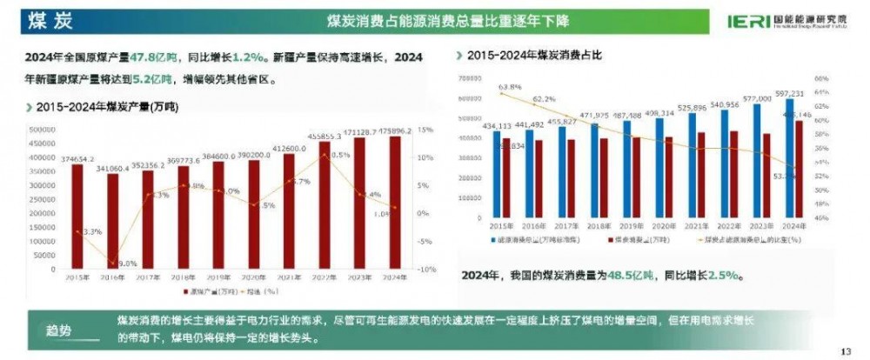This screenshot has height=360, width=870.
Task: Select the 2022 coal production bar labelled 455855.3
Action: pyautogui.click(x=325, y=204)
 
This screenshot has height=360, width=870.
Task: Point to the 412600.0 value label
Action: pyautogui.click(x=289, y=149)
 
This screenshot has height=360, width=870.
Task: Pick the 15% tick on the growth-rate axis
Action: pyautogui.click(x=425, y=130)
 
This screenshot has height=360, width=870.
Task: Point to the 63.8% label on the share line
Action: pyautogui.click(x=510, y=87)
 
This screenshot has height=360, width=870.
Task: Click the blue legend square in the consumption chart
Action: pyautogui.click(x=492, y=238)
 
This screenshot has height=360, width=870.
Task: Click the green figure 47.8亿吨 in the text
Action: pyautogui.click(x=152, y=57)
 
